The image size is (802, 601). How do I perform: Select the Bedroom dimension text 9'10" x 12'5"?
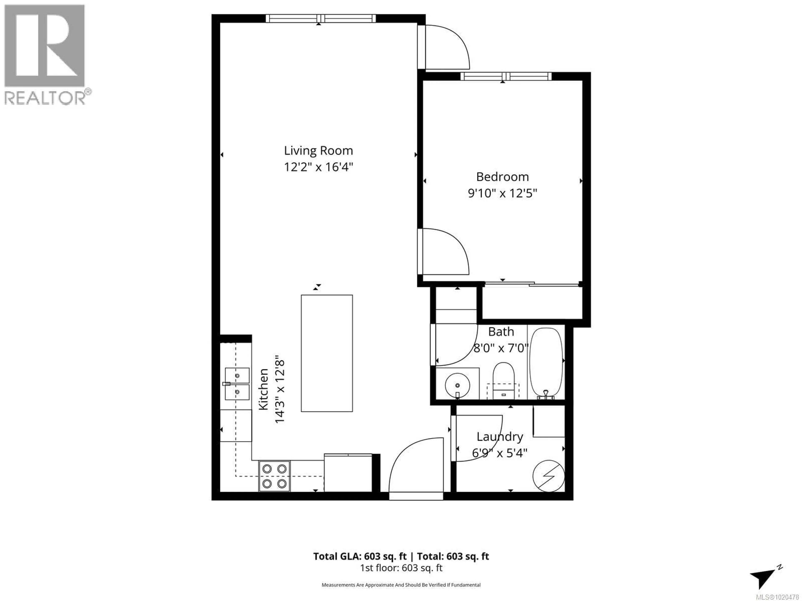point(502,193)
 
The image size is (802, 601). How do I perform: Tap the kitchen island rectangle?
point(327,353)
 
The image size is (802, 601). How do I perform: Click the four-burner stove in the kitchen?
point(274,476)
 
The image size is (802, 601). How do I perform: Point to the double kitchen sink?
point(237,384)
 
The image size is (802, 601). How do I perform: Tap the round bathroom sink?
point(458,385)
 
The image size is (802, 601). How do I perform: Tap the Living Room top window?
point(321,18)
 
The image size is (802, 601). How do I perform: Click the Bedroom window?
point(506,76)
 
